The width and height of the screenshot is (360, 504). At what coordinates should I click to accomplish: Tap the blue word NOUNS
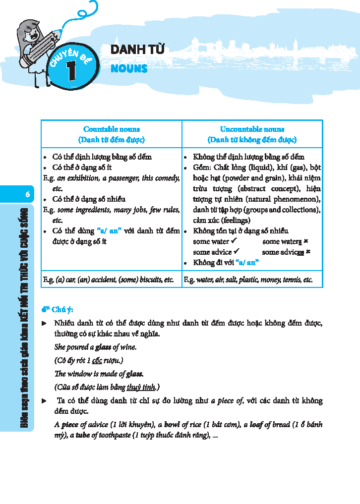point(129,68)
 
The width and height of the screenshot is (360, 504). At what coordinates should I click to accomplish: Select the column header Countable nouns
point(112,129)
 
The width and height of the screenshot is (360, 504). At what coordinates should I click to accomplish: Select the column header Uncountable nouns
point(252,129)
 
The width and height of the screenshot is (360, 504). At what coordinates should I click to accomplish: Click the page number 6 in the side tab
point(28,195)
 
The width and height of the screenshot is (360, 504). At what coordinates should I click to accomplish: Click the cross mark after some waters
point(306,241)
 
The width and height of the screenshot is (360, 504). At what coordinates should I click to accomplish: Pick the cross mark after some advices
point(308,252)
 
